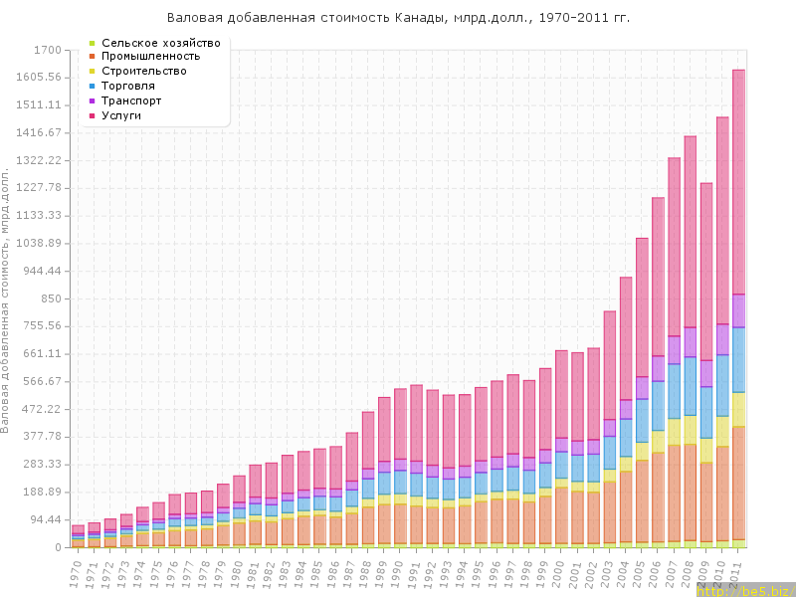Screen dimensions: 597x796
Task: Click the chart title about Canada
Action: click(x=398, y=18)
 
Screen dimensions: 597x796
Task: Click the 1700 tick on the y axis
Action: click(x=47, y=50)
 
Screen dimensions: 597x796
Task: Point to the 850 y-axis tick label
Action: click(x=49, y=298)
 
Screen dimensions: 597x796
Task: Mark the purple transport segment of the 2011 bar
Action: click(x=739, y=310)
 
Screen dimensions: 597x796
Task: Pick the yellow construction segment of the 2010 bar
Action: click(x=722, y=431)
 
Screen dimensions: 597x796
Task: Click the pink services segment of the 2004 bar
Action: click(x=626, y=338)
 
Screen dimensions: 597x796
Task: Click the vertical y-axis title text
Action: click(x=9, y=298)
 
